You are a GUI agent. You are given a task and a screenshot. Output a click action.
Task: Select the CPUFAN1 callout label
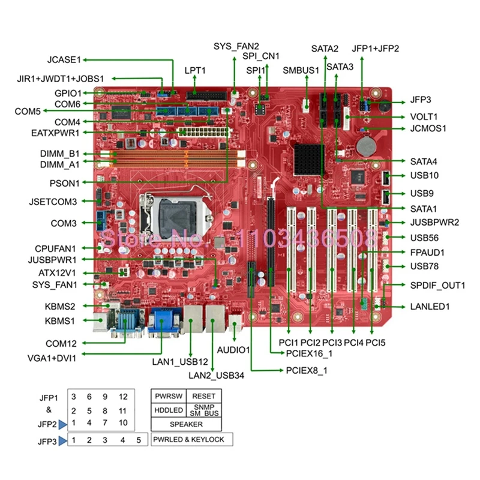click(55, 247)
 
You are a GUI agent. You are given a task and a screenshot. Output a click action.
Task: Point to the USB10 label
click(424, 176)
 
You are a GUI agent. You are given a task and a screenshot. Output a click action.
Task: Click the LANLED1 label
click(430, 307)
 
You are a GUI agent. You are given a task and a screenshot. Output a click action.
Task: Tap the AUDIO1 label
click(233, 349)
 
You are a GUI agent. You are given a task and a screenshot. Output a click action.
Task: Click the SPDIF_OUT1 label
click(437, 285)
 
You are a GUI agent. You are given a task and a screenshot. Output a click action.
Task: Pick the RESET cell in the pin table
click(204, 397)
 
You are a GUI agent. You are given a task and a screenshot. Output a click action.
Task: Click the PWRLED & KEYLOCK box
click(191, 439)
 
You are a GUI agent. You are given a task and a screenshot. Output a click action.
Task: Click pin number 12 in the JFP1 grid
click(122, 397)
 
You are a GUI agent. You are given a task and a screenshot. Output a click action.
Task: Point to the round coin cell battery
click(366, 145)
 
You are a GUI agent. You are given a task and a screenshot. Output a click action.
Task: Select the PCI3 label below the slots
click(331, 343)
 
